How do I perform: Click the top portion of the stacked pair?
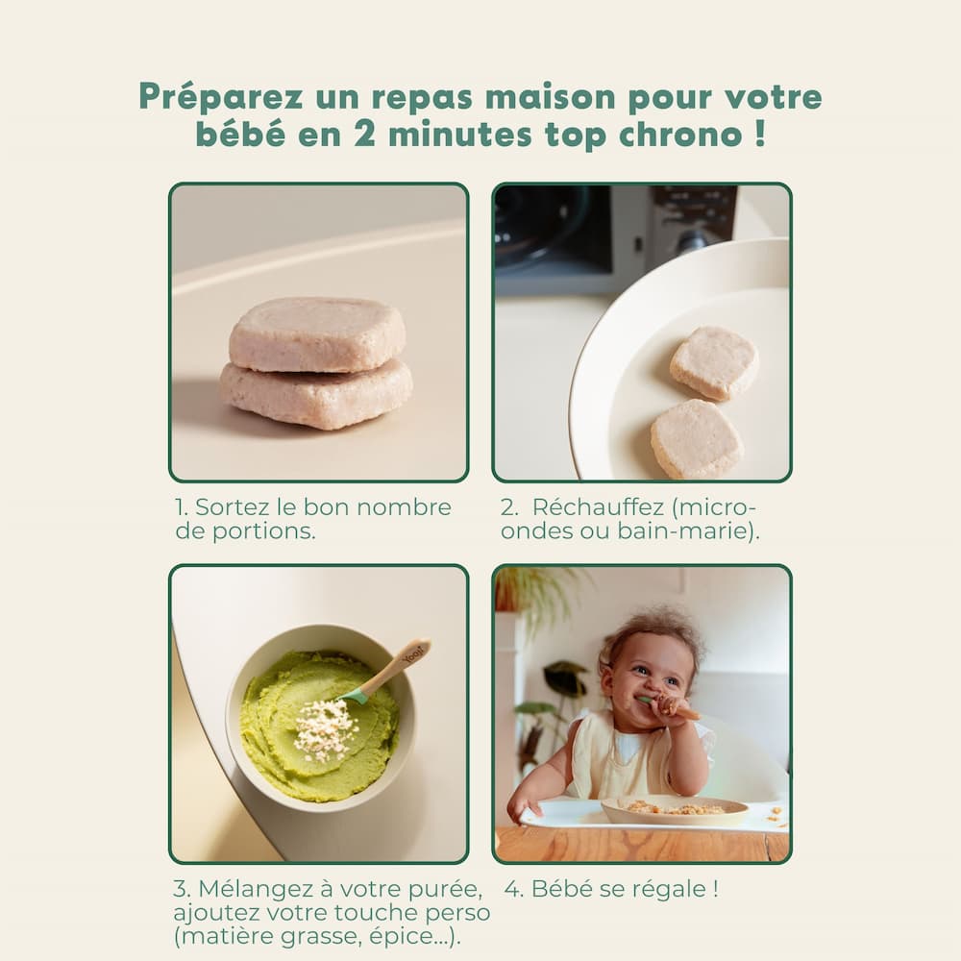tap(317, 334)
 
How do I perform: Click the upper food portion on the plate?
tap(714, 363)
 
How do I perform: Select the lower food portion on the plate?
tap(698, 439)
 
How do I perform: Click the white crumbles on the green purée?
tap(325, 730)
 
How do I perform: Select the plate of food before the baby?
tap(675, 810)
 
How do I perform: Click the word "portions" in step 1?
tap(263, 531)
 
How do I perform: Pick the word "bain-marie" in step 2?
tap(682, 530)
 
